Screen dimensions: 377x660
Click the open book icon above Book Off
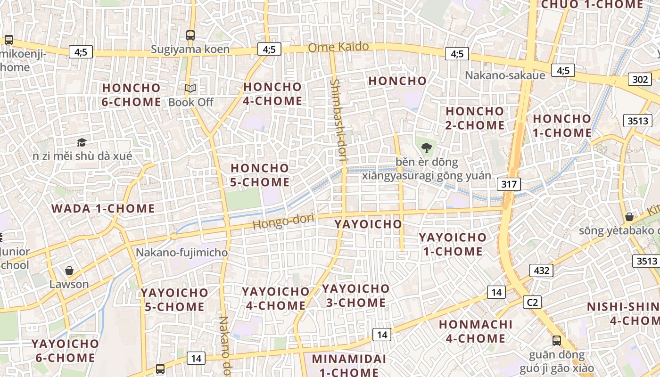pos(190,88)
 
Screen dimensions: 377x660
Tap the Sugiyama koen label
pos(190,49)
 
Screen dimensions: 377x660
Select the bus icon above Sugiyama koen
pos(190,35)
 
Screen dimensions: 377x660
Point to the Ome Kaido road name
pos(338,47)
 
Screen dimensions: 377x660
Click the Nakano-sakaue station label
pos(505,75)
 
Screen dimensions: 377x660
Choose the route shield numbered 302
pos(640,79)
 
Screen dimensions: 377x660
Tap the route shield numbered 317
pos(509,184)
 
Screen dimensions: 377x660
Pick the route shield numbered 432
pos(541,270)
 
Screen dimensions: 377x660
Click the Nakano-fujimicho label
pos(181,253)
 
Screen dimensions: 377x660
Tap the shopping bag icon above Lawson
pos(69,270)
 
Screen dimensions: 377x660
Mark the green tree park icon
pos(426,148)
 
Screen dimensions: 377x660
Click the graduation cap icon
pos(82,142)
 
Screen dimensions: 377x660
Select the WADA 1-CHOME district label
pos(103,208)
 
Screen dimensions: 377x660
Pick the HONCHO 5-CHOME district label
pos(260,175)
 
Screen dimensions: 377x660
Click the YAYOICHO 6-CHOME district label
pos(65,351)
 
